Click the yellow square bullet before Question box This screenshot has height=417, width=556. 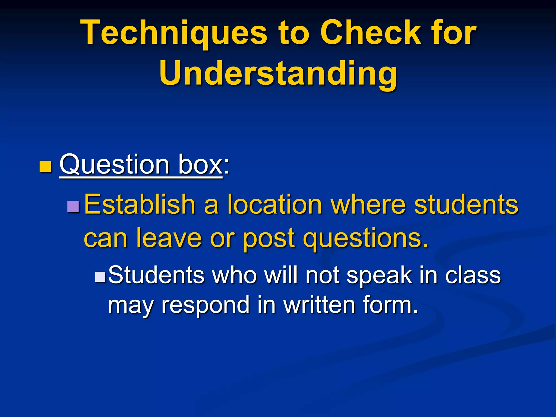click(45, 167)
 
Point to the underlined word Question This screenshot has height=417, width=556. click(114, 165)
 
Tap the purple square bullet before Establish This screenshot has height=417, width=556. click(73, 207)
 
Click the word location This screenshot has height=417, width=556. click(274, 204)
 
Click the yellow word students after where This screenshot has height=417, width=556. click(466, 204)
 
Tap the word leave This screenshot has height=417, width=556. click(169, 238)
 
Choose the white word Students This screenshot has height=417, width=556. click(156, 275)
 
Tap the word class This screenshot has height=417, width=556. click(473, 275)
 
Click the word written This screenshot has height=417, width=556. click(319, 305)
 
